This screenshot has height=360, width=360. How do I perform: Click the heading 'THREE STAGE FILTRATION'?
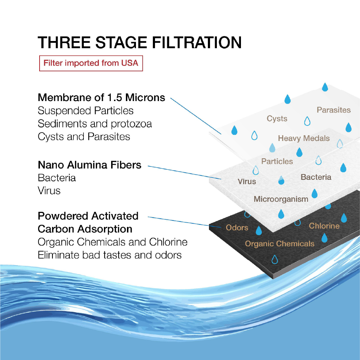click(140, 42)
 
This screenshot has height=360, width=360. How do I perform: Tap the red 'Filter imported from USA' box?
click(91, 63)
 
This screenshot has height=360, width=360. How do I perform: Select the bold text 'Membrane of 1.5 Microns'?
click(101, 97)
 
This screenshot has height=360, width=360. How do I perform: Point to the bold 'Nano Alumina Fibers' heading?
click(90, 165)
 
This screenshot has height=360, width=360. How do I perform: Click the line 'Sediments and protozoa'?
click(95, 124)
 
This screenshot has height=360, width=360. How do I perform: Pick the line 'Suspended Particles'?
click(86, 111)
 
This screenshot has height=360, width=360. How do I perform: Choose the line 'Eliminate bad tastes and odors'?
click(110, 255)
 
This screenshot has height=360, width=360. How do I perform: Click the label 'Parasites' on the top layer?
click(333, 110)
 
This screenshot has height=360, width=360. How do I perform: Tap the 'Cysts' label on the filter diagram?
click(277, 119)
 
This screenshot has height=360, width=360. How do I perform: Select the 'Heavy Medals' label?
click(304, 138)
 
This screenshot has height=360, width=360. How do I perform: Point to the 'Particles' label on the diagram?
click(277, 161)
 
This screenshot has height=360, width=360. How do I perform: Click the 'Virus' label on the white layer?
click(247, 182)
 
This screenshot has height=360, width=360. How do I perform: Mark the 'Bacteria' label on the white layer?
click(316, 177)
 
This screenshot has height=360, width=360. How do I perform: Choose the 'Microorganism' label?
click(281, 199)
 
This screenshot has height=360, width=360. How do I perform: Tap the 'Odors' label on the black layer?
click(237, 228)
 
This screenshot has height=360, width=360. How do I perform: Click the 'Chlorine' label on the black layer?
click(324, 226)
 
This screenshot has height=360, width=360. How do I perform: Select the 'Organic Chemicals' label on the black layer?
click(279, 244)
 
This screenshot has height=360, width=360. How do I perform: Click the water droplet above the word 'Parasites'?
click(325, 87)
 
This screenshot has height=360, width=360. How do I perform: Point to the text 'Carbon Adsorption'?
click(85, 229)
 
